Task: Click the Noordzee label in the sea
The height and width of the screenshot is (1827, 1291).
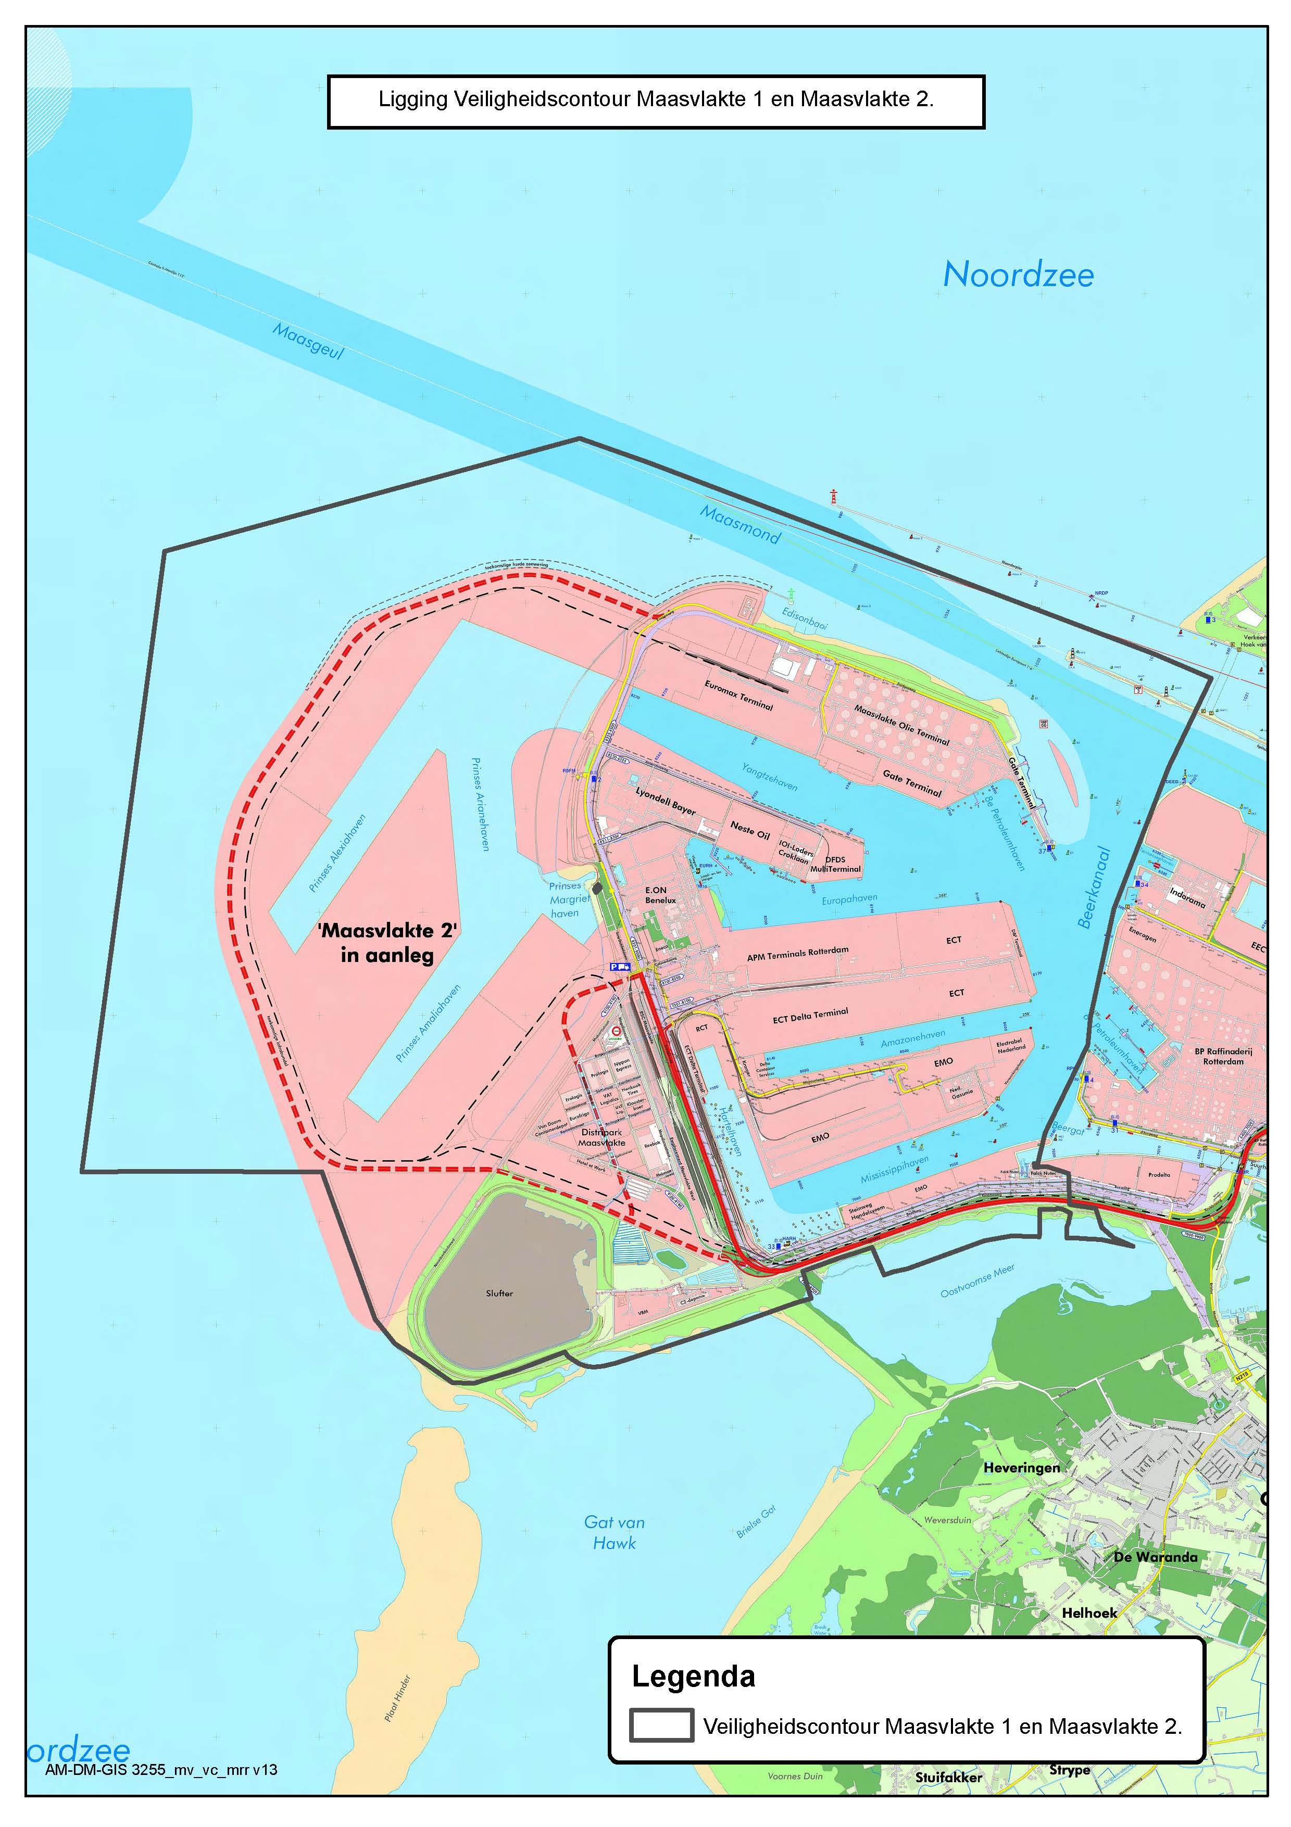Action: [1018, 275]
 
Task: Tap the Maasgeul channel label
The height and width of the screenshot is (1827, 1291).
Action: [308, 340]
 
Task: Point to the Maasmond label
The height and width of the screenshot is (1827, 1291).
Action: [739, 524]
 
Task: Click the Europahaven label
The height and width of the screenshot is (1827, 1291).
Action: [849, 899]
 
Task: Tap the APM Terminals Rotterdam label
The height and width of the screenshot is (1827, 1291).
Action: [797, 953]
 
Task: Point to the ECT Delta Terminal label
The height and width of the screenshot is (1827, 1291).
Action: [810, 1016]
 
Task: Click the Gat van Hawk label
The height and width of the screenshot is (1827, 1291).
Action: [615, 1532]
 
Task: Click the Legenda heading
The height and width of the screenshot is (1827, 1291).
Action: [693, 1676]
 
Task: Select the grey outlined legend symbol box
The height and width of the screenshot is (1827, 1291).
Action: [661, 1725]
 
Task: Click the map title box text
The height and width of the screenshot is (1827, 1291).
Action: [656, 99]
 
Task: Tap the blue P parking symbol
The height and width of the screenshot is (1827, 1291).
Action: [615, 966]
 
